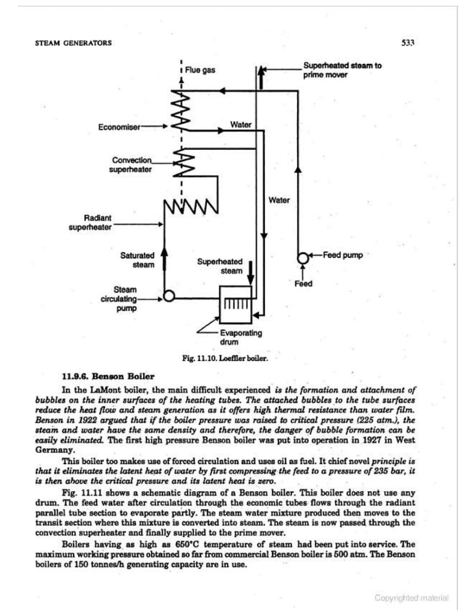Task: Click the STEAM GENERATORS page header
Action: tap(73, 43)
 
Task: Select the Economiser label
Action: tap(119, 127)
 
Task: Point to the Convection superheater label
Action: tap(131, 165)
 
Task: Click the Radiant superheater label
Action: tap(90, 222)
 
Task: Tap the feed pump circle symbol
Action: tap(303, 258)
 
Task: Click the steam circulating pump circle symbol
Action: tap(169, 296)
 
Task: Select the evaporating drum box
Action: tap(235, 305)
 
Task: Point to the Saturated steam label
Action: tap(138, 260)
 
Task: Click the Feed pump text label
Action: tap(343, 255)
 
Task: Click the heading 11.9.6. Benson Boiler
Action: tap(108, 376)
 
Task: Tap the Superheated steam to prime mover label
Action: tap(342, 70)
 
